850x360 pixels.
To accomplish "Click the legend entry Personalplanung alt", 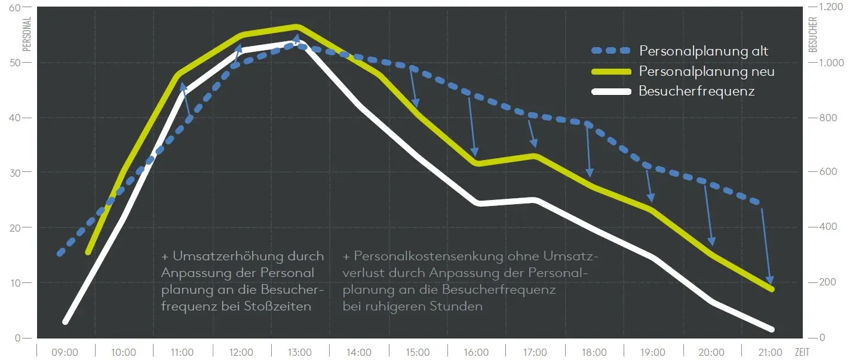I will coord(703,51).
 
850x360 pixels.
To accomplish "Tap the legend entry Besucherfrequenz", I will coord(696,91).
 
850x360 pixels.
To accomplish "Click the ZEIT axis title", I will coord(802,352).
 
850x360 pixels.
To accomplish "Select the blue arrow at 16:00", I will coord(472,125).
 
